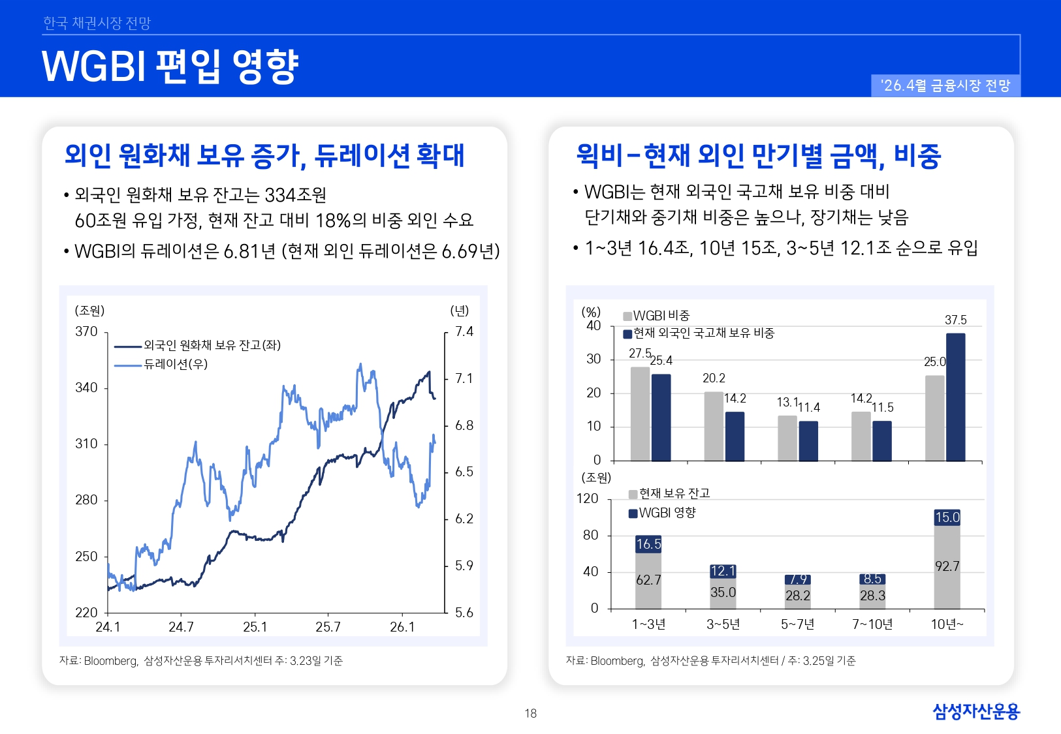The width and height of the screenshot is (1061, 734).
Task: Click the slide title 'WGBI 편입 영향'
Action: [x=170, y=66]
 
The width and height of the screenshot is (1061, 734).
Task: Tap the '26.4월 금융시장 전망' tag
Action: [x=945, y=85]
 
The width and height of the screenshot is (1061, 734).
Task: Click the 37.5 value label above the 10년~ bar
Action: [x=955, y=320]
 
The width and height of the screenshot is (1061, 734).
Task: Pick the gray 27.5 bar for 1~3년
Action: [x=640, y=414]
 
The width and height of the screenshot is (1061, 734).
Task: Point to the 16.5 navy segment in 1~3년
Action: [x=648, y=543]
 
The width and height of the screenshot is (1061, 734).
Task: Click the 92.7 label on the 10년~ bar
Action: [x=947, y=566]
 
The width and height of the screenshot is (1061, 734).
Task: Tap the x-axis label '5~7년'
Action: [x=797, y=624]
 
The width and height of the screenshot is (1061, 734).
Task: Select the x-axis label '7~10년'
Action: [x=872, y=624]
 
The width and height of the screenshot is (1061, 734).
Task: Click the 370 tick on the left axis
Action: [x=86, y=331]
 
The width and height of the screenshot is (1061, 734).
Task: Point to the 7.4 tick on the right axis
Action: [x=464, y=331]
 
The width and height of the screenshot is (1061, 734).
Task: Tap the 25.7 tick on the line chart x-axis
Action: [x=328, y=627]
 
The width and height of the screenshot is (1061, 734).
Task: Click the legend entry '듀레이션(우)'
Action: [x=175, y=364]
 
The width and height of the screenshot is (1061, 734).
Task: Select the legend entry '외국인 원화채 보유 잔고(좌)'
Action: [x=212, y=345]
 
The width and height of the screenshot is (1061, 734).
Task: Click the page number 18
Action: [x=530, y=713]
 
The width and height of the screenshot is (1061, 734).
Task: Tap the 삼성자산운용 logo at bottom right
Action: [x=975, y=711]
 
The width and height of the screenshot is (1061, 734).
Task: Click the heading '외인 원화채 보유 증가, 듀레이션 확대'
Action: [x=264, y=155]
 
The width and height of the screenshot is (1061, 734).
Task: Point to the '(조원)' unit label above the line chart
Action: [x=89, y=311]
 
